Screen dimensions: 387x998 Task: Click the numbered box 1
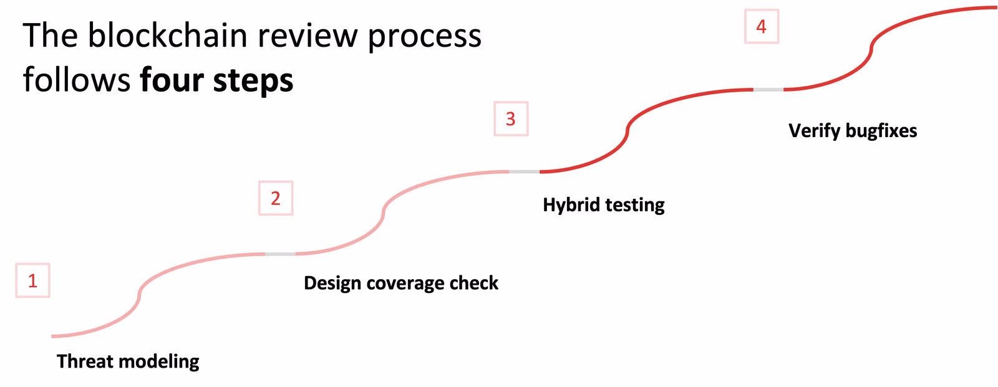32,280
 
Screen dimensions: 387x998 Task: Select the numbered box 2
276,198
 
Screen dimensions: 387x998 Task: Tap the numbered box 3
511,118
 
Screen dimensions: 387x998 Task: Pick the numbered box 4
762,27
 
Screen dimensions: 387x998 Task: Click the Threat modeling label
128,361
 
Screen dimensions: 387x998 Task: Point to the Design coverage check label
400,283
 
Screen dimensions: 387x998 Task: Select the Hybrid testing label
603,204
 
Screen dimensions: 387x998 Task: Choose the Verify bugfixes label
852,131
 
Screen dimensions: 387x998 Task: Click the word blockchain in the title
167,36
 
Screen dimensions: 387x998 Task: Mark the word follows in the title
77,80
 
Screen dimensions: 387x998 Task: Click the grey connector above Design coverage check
281,254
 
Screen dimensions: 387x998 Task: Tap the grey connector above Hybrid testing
524,171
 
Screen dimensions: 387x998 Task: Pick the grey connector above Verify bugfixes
768,90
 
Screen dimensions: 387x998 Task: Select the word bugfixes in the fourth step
881,131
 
